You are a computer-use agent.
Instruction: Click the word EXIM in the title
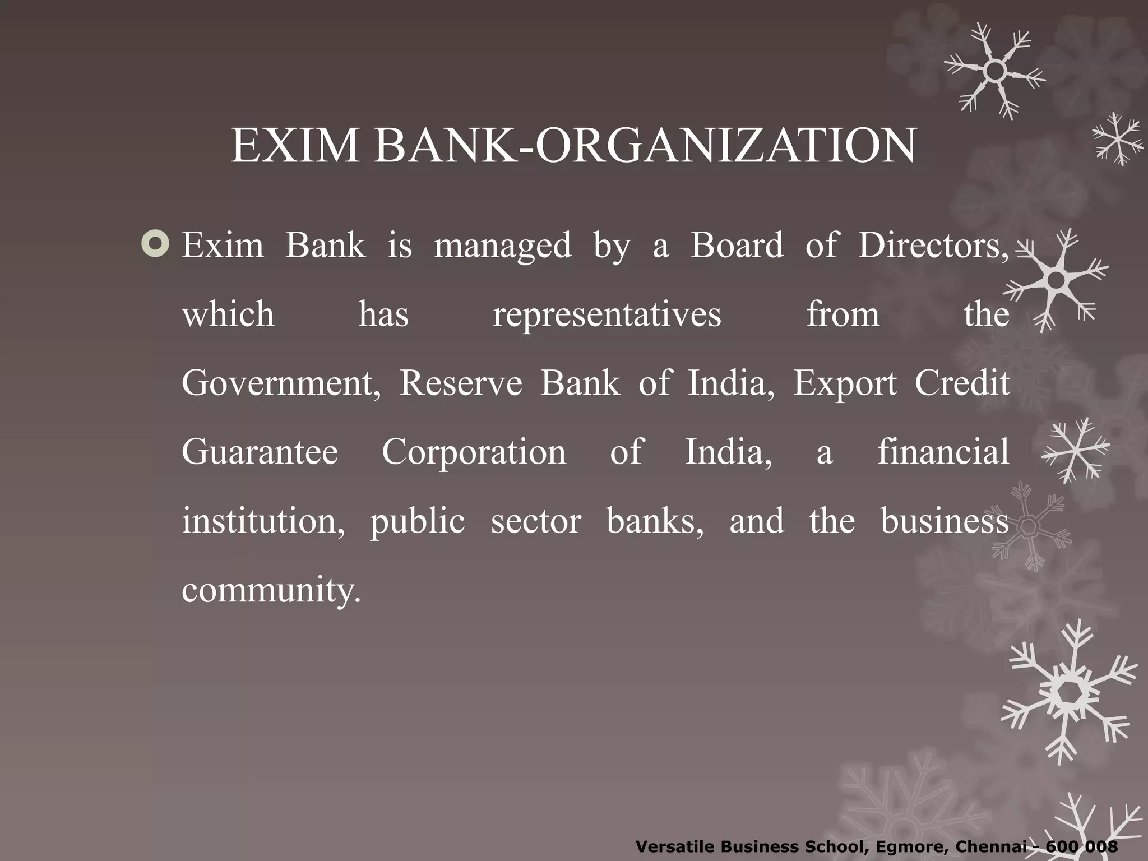point(295,146)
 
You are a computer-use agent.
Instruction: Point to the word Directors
point(933,246)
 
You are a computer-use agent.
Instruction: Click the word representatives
point(607,314)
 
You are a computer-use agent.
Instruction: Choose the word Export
point(845,385)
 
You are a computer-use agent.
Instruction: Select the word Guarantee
point(260,452)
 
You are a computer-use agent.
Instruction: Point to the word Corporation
point(474,452)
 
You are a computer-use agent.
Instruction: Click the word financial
point(943,452)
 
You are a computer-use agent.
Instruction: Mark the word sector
point(536,521)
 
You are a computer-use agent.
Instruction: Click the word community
point(271,591)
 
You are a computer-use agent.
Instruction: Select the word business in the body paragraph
point(945,521)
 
